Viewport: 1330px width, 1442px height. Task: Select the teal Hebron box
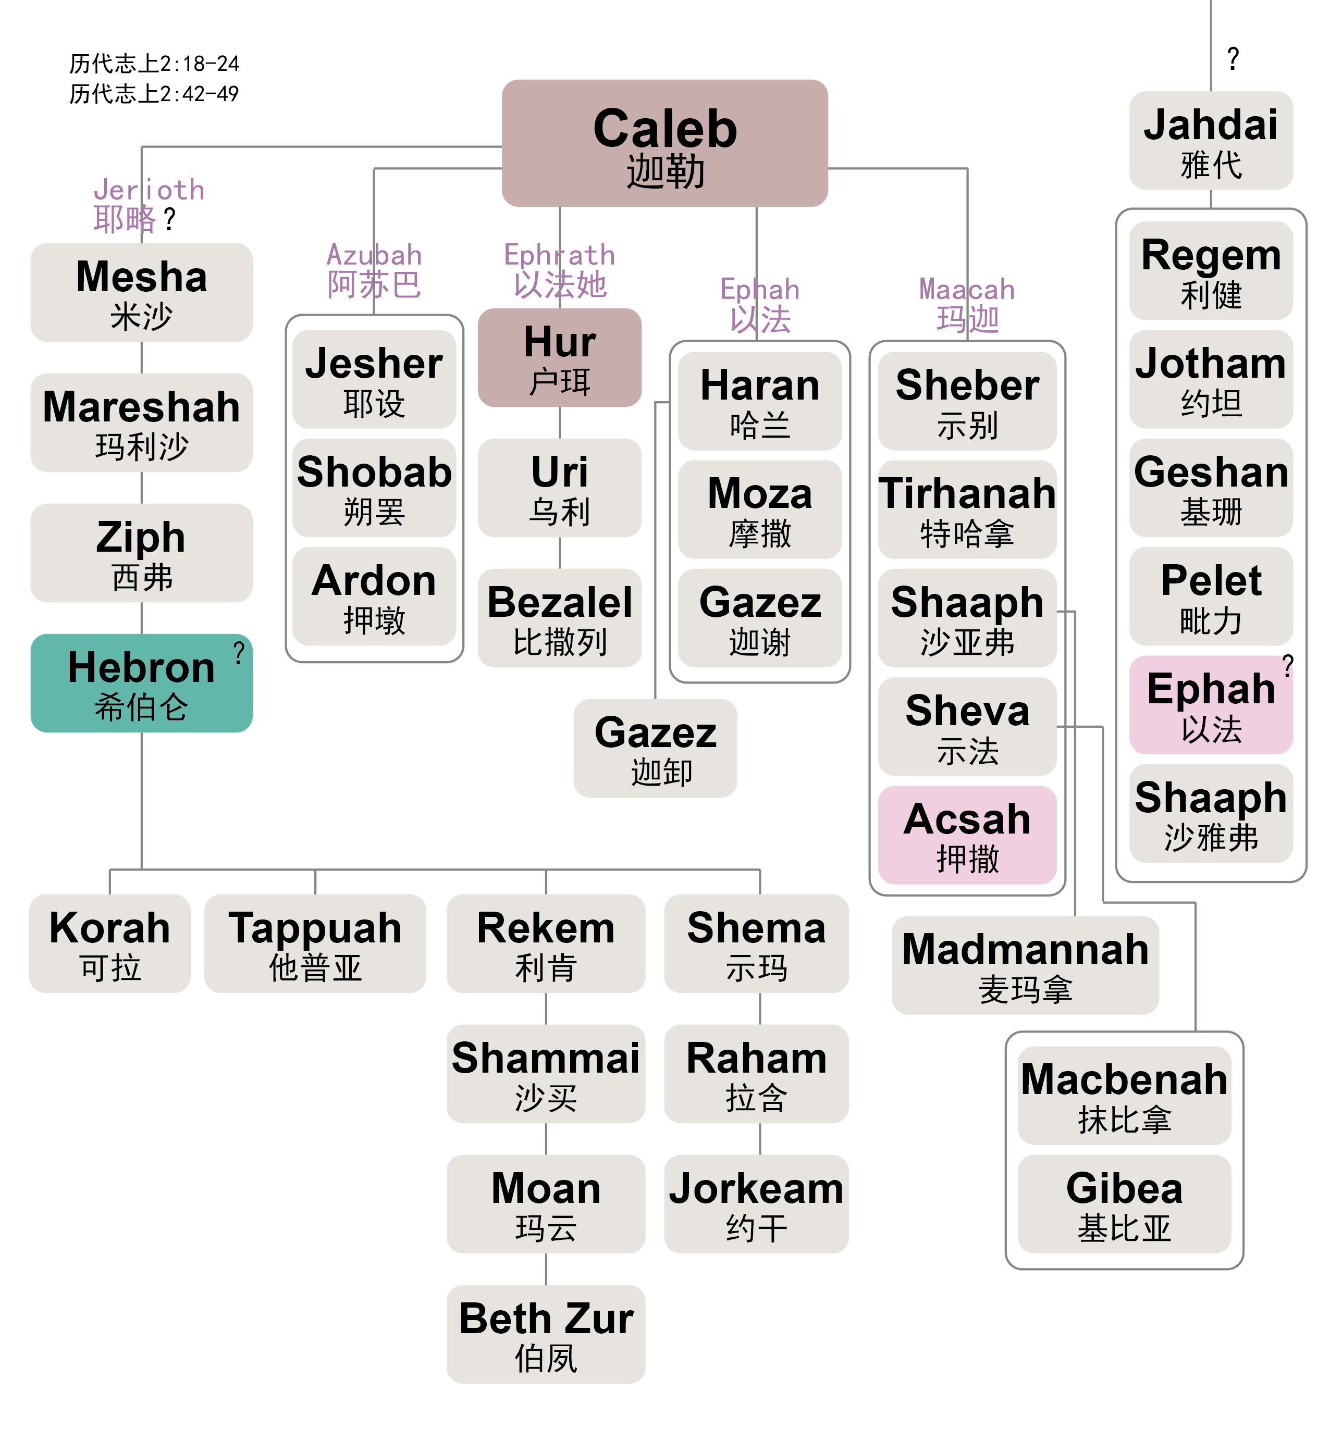[141, 683]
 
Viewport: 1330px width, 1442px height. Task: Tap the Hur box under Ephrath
[559, 357]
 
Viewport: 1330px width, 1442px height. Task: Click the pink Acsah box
[967, 835]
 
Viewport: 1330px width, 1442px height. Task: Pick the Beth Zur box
[546, 1333]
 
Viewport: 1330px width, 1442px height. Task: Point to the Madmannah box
[1025, 965]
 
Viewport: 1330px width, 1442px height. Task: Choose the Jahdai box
[1211, 140]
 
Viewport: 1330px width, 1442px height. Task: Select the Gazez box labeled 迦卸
[655, 748]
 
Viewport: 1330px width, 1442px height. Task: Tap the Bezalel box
[559, 617]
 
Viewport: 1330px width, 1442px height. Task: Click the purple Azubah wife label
[374, 270]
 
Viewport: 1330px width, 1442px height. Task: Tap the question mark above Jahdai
[1233, 58]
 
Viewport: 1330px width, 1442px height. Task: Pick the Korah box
[109, 943]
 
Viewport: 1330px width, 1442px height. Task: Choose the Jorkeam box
[756, 1204]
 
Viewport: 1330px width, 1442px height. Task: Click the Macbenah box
[1124, 1095]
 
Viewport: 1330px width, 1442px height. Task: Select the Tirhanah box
[967, 509]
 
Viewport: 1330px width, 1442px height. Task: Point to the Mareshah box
[141, 422]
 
